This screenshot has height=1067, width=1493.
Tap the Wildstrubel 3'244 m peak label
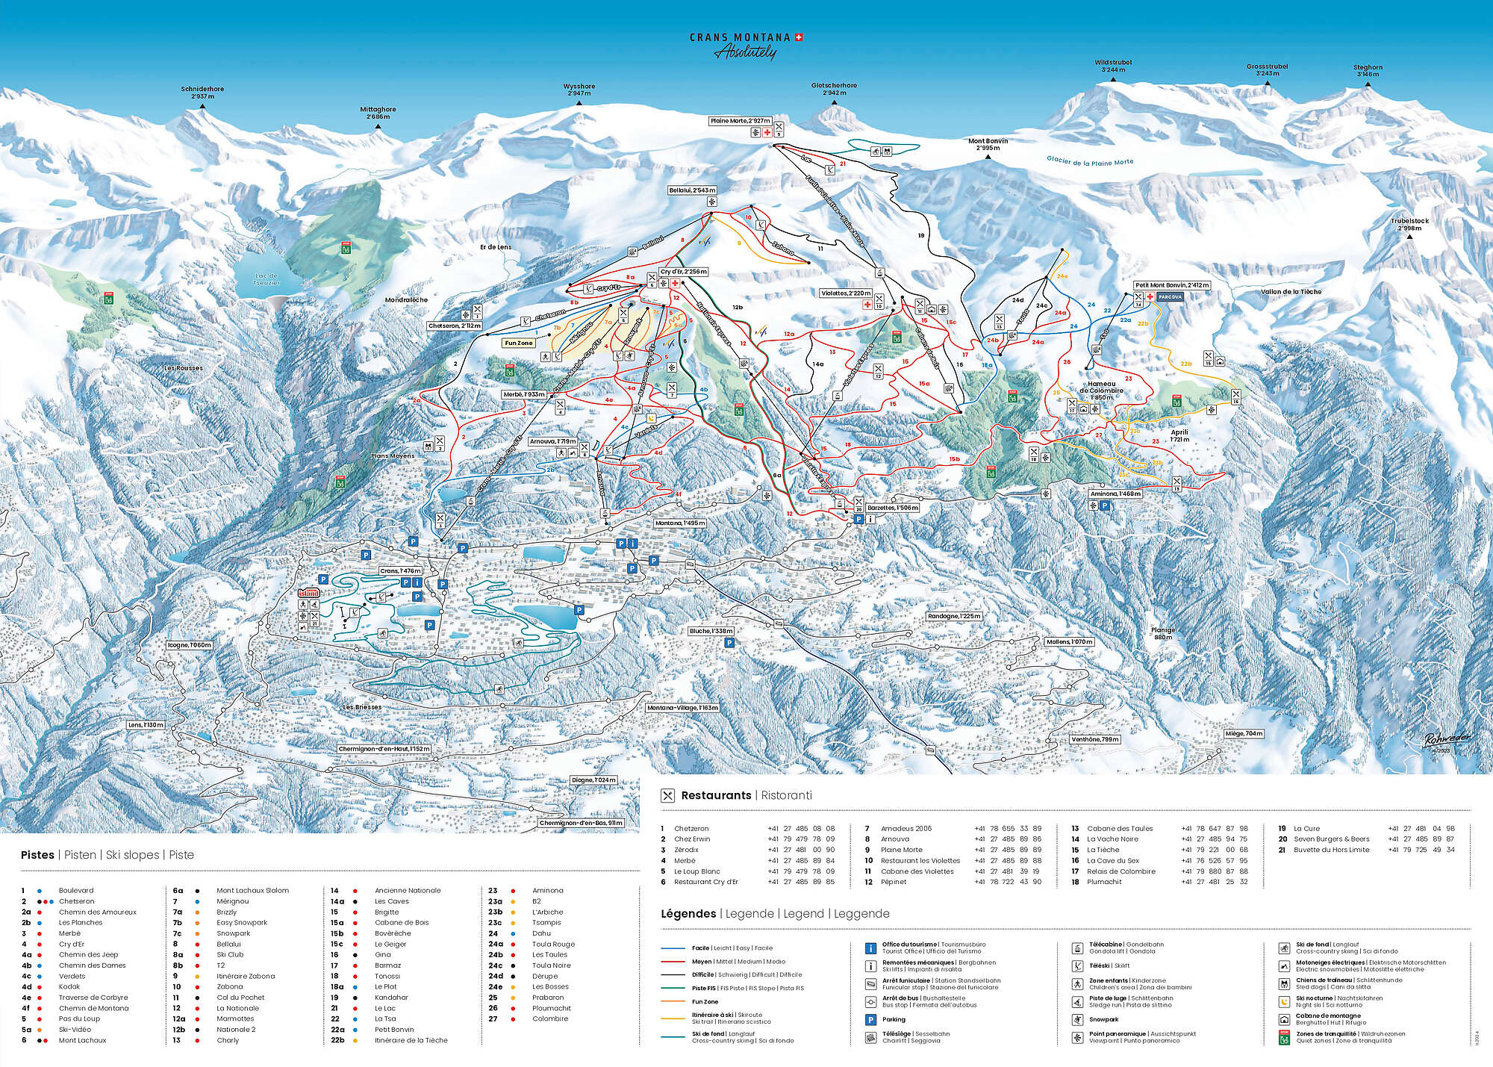(x=1113, y=66)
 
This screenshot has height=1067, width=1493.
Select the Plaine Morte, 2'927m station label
(x=740, y=121)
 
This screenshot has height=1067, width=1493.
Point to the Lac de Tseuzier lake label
(x=267, y=279)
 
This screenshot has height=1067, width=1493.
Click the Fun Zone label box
(x=519, y=343)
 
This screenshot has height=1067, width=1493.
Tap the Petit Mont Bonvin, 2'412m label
(x=1172, y=285)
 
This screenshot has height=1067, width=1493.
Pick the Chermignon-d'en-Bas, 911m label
(x=580, y=824)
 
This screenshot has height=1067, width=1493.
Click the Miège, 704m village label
(x=1244, y=734)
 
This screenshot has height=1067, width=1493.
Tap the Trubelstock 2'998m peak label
(x=1409, y=224)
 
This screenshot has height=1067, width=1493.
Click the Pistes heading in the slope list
(x=37, y=855)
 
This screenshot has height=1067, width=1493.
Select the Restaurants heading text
(x=716, y=796)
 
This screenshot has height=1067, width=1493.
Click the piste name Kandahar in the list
(x=391, y=998)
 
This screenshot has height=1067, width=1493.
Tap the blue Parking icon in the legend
(x=870, y=1019)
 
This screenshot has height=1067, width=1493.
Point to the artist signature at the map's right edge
(x=1447, y=738)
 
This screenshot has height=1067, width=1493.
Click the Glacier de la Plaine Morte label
(x=1089, y=161)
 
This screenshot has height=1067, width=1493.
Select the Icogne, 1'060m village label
(x=190, y=645)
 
